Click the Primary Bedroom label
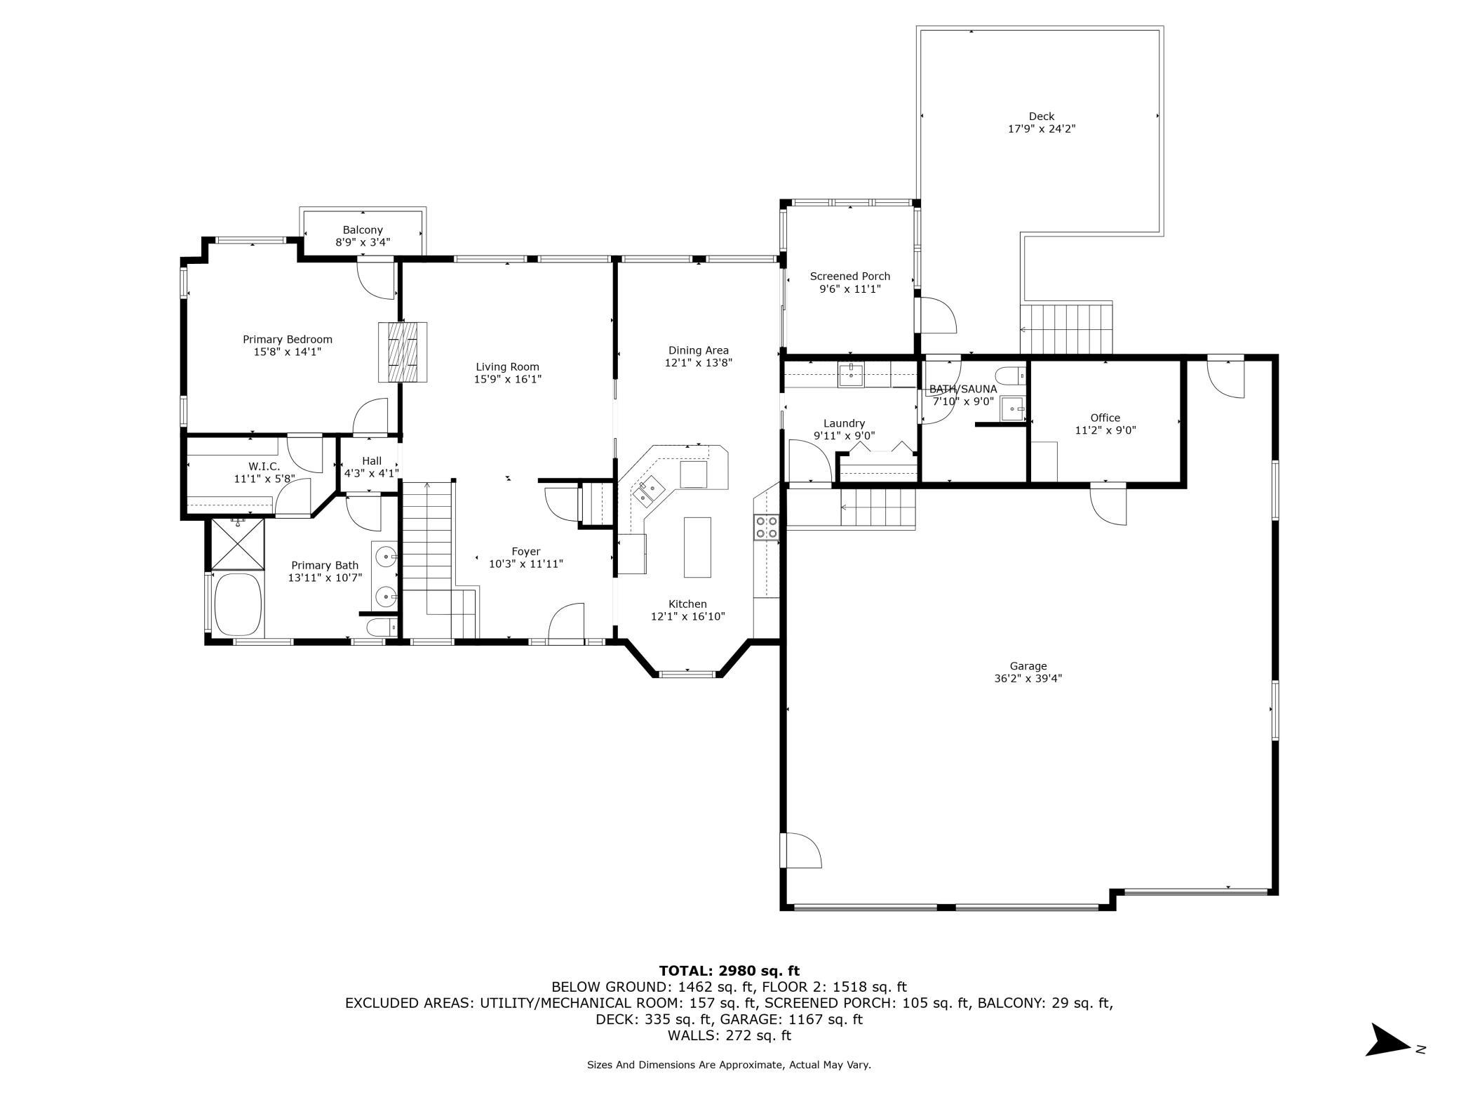[x=288, y=339]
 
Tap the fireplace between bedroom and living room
[x=403, y=352]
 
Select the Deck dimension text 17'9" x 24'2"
[x=1042, y=129]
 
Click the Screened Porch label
[x=850, y=276]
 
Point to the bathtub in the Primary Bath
[x=237, y=604]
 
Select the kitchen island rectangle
[x=697, y=547]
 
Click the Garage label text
[x=1028, y=666]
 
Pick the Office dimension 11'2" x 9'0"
[x=1105, y=430]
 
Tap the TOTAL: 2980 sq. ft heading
[x=729, y=971]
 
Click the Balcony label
[x=363, y=230]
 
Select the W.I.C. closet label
[x=264, y=466]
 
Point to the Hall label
[x=372, y=460]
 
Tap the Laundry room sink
[x=851, y=375]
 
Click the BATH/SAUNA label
[x=963, y=389]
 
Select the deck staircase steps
[x=1066, y=329]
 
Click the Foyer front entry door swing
[x=566, y=621]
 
